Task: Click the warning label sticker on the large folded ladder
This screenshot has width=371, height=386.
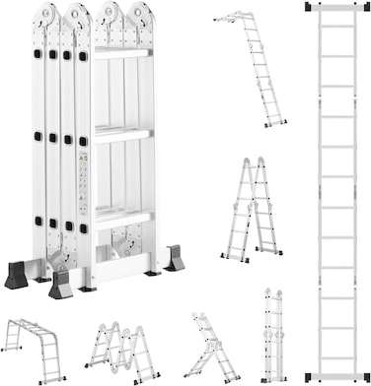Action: pos(83,183)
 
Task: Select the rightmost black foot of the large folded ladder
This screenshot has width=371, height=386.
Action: pos(175,260)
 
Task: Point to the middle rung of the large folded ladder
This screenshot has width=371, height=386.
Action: pos(122,133)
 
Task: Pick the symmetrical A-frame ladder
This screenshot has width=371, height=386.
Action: pos(251,210)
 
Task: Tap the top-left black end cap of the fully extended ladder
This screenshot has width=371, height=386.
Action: pos(311,7)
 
